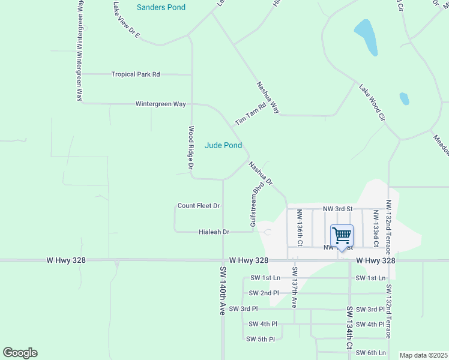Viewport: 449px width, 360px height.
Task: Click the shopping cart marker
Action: click(x=342, y=235)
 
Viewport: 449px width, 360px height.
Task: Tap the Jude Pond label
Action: click(x=223, y=145)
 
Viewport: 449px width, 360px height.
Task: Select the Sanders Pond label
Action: click(x=161, y=7)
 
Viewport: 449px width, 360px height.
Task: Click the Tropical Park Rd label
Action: click(x=136, y=74)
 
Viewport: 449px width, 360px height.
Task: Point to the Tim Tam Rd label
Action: click(x=250, y=113)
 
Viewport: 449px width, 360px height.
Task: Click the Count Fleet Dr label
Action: click(x=199, y=206)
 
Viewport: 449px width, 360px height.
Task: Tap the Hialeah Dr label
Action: click(x=214, y=232)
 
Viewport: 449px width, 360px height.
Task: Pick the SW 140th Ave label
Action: click(x=222, y=290)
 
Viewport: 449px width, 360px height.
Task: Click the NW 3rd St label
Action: click(x=337, y=208)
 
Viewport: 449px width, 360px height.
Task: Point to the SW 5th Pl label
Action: click(x=260, y=339)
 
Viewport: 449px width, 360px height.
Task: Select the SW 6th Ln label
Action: click(x=370, y=353)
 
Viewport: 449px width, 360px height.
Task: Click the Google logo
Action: click(x=20, y=353)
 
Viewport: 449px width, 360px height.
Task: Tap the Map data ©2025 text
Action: click(x=424, y=355)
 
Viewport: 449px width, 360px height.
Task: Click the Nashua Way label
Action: click(x=268, y=98)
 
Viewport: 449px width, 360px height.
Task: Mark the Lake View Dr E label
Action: click(x=126, y=20)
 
